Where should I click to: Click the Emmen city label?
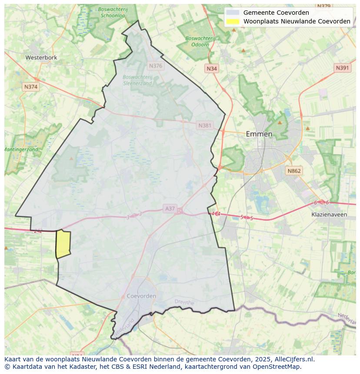pos(259,134)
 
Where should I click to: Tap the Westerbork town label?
pos(41,57)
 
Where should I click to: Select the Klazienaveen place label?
pos(329,215)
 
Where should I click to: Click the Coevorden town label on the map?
pos(141,296)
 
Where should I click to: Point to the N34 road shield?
pos(211,69)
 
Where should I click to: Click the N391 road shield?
pos(342,68)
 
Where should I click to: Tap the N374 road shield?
pos(30,87)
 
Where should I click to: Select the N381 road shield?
pos(204,126)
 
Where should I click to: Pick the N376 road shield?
pos(155,66)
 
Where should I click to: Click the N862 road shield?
pos(294,171)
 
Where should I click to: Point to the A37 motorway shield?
pos(170,209)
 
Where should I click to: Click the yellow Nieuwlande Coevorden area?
pos(63,244)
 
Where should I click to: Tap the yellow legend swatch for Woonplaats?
pos(233,21)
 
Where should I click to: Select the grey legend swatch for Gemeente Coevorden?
pos(233,13)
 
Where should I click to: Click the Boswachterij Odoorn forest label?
pos(200,41)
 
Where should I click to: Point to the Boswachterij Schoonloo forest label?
pos(113,12)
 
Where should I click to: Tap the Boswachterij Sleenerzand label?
pos(137,80)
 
